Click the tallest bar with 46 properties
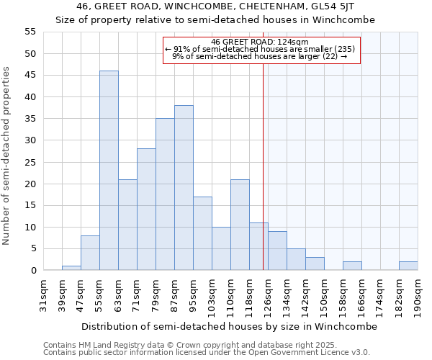109,171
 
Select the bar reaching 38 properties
184,188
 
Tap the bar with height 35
165,194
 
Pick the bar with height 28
146,210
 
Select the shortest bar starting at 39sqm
71,268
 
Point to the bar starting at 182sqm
408,266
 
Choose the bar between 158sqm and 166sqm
352,266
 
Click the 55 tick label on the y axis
30,32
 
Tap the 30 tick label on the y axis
30,140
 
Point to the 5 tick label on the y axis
33,249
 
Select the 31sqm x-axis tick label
43,294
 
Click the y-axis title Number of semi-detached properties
6,156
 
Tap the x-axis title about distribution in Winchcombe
229,326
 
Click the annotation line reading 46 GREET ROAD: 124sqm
261,42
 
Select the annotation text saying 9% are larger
260,56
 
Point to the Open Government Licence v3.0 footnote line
207,352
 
